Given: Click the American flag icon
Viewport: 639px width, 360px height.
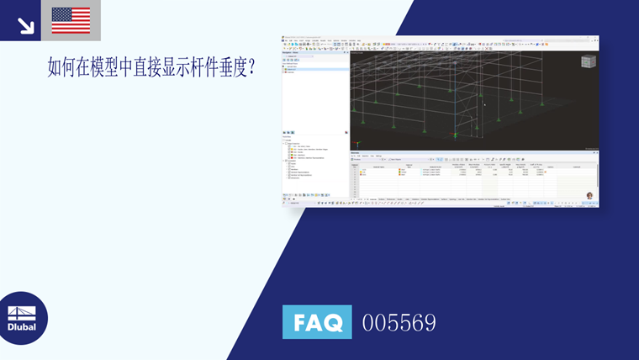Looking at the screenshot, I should click(x=71, y=20).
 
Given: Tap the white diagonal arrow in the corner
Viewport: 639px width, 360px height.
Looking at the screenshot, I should click(x=25, y=24).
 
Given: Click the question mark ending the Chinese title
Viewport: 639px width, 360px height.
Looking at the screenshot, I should click(x=251, y=68).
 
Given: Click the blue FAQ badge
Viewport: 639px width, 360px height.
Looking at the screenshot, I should click(x=317, y=321).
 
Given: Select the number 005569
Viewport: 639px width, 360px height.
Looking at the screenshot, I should click(x=399, y=322).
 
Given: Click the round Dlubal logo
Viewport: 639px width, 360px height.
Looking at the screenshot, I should click(x=23, y=319).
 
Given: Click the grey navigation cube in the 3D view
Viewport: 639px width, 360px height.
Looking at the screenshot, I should click(x=589, y=61).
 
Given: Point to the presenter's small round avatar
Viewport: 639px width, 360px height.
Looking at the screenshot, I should click(x=590, y=196).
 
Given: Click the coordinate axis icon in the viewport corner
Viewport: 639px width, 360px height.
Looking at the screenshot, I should click(x=359, y=144).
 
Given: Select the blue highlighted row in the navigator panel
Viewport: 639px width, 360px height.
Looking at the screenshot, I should click(x=315, y=67).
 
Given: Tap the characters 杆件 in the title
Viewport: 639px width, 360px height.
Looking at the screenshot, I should click(x=203, y=68).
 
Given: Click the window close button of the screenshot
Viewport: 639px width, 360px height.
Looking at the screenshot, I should click(x=597, y=37).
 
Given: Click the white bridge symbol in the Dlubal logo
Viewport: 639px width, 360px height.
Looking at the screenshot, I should click(x=22, y=312).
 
